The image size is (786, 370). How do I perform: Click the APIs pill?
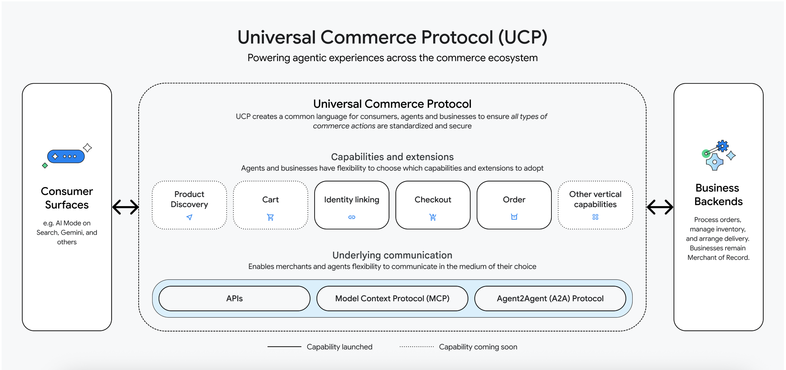point(234,298)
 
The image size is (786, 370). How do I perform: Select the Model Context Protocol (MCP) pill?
point(392,298)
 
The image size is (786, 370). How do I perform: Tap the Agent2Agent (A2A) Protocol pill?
point(550,298)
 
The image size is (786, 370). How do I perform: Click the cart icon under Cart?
point(270,217)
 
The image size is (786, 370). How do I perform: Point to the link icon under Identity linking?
point(352,217)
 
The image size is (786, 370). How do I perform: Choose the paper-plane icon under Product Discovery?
point(190,217)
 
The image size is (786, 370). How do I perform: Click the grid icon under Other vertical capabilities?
point(595,217)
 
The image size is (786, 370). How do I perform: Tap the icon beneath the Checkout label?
point(433,217)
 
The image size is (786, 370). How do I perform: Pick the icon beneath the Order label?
point(514,217)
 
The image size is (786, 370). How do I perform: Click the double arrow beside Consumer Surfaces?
point(126,207)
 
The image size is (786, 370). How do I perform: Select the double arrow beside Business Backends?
point(660,207)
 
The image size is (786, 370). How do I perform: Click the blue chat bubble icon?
point(66,156)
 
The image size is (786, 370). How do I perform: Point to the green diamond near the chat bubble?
point(45,166)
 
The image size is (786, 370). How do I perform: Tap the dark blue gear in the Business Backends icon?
point(723,146)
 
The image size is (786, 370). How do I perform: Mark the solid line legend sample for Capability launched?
point(284,347)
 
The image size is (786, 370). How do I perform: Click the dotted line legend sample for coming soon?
point(417,347)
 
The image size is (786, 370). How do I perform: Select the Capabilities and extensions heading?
point(392,157)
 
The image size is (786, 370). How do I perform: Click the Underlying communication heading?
point(392,255)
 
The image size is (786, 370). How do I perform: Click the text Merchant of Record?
point(719,258)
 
